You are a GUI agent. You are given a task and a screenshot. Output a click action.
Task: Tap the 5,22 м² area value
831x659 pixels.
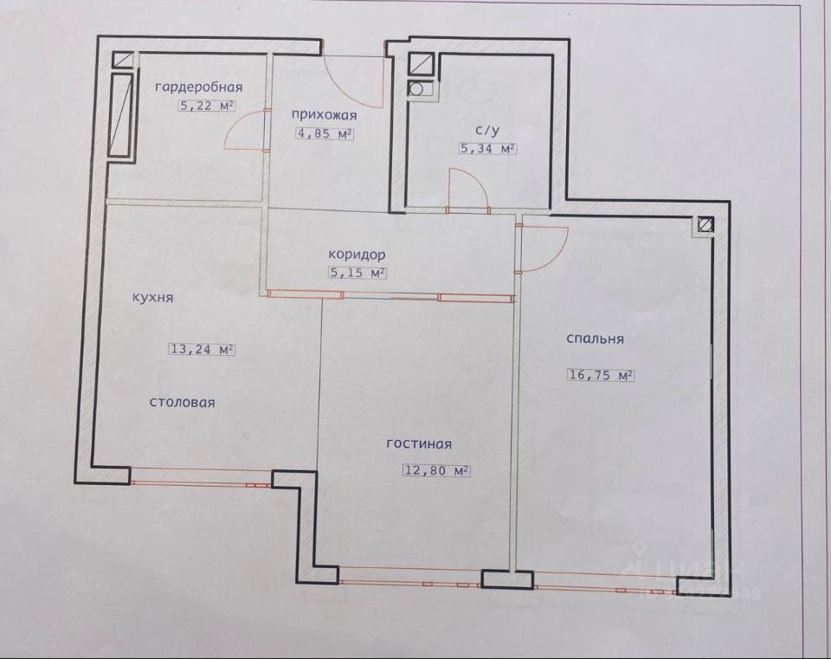click(207, 106)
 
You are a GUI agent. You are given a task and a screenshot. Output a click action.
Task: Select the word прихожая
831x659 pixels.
click(325, 115)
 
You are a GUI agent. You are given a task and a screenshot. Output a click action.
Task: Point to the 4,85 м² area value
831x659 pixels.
click(325, 133)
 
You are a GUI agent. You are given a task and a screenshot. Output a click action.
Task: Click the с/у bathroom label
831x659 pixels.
click(487, 131)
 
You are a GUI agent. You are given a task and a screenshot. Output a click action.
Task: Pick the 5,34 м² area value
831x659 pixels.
click(487, 148)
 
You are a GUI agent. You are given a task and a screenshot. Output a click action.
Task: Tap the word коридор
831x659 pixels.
click(357, 255)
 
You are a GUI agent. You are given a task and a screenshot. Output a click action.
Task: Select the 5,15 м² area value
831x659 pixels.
click(357, 273)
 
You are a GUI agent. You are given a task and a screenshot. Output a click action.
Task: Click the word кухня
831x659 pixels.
click(152, 298)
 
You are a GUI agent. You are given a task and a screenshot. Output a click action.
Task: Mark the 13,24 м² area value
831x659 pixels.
click(202, 349)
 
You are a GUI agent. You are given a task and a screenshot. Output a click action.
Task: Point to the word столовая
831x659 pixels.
click(183, 403)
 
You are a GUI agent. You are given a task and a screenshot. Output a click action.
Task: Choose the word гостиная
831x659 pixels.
click(419, 443)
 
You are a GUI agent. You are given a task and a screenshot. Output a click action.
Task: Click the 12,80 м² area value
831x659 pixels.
click(437, 470)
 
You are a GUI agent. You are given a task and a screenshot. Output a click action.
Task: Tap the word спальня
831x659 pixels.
click(596, 339)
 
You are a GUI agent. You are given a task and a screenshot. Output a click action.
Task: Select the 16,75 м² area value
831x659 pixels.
click(602, 375)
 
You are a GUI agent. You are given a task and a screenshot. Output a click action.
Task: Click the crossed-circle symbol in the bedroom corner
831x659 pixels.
click(705, 224)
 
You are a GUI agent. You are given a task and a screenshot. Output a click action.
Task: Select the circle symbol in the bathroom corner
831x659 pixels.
click(416, 89)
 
